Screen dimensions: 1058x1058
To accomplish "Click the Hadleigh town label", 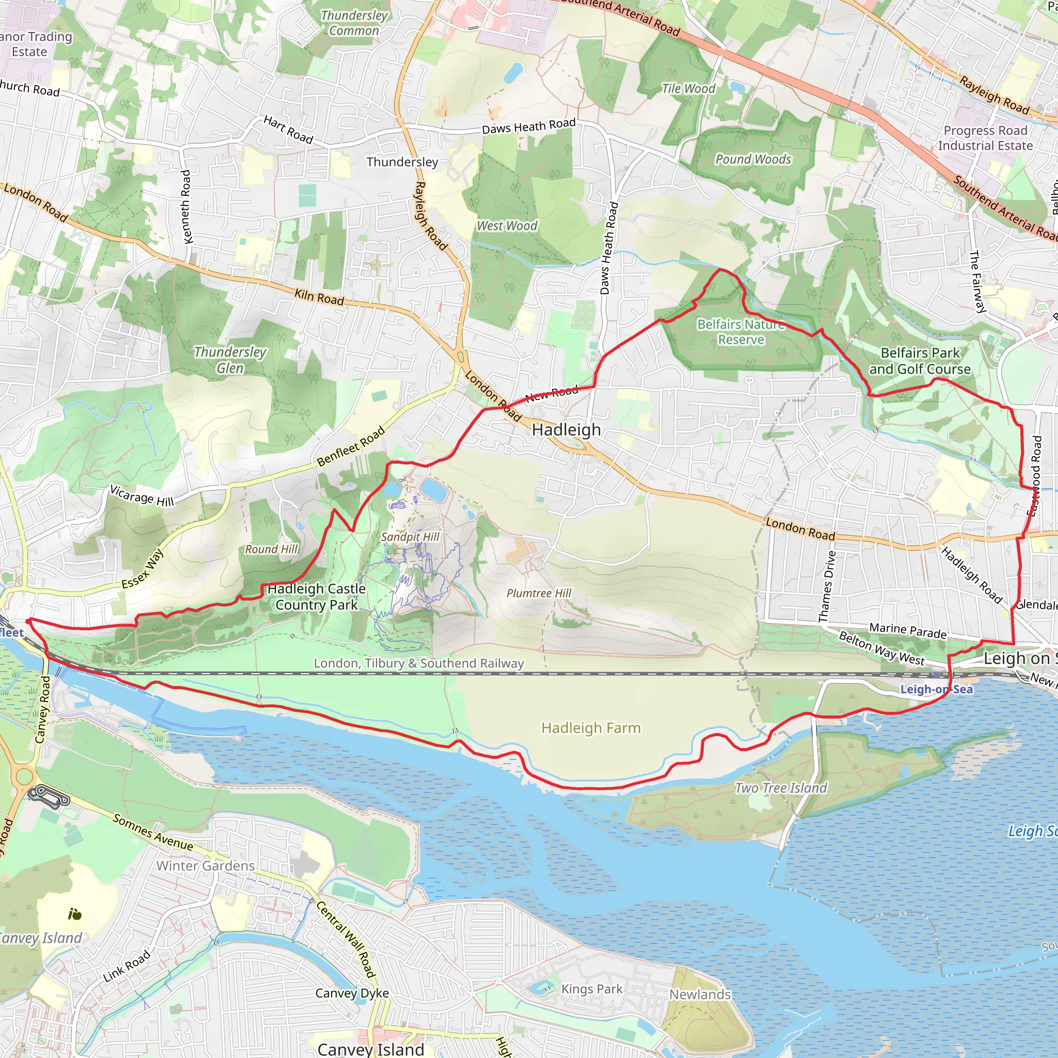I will tap(566, 430).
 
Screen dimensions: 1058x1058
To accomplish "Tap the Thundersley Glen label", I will tap(230, 360).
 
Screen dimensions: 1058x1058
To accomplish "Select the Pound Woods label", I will tap(753, 159).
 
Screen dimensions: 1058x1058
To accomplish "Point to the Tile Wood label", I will tap(688, 89).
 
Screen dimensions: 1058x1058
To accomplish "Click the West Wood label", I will tap(507, 226).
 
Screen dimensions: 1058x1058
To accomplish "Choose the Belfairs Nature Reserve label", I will tap(741, 332).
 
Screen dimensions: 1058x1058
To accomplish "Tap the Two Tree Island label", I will tap(781, 788).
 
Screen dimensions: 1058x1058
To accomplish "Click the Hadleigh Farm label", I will tap(591, 728).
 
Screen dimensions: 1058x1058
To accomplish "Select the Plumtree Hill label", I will tap(539, 593).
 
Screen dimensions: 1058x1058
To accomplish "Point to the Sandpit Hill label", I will tap(410, 537).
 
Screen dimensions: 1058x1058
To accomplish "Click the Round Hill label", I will tap(272, 549).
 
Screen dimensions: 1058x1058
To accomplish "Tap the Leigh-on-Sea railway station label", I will tap(937, 689).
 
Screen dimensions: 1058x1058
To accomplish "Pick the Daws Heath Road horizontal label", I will tap(528, 127).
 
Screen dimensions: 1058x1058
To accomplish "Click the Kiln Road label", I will tap(319, 298).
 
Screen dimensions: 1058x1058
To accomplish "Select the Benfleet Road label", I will tap(351, 446).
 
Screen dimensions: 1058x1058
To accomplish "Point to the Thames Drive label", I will tap(828, 586).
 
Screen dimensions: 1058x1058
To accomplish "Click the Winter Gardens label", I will tap(206, 866).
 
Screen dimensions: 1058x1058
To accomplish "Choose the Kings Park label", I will tap(592, 989).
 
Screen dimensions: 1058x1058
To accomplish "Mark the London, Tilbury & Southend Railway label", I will tap(419, 663).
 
